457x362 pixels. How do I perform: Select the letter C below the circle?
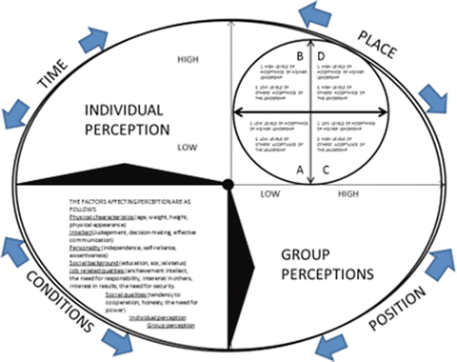click(327, 170)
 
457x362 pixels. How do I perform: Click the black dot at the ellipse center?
click(228, 183)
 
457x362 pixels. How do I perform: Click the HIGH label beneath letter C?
click(348, 193)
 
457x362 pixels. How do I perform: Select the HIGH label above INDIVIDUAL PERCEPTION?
click(189, 60)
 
